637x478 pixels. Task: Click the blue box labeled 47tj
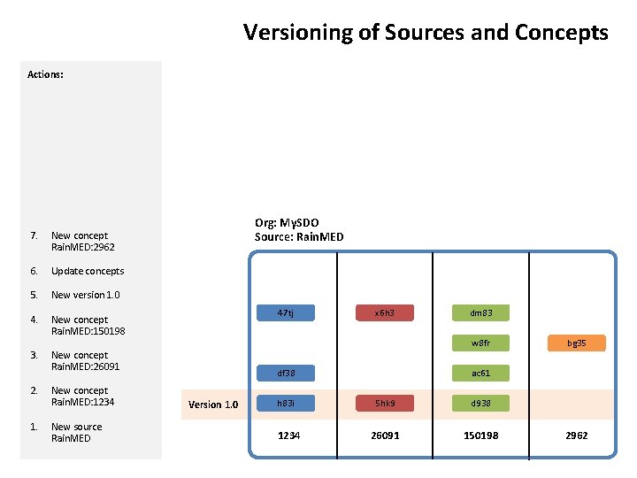285,312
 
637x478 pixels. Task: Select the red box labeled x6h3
383,312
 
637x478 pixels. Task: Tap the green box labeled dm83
480,312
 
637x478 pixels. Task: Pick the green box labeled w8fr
480,343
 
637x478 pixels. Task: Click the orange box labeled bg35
577,343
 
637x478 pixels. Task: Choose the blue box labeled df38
285,374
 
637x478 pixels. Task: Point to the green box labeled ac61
480,374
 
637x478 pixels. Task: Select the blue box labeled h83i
285,404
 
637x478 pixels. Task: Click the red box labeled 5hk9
383,404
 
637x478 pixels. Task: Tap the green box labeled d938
480,404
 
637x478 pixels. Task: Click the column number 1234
288,436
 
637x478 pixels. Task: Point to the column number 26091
385,436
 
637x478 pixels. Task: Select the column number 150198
481,436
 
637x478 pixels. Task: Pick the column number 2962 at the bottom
575,436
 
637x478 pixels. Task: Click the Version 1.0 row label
213,405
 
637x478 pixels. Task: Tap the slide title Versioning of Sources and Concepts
426,33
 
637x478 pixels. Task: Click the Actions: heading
45,75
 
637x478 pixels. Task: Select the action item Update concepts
88,271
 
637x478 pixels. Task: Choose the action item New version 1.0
85,295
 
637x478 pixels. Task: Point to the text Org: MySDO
287,223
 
